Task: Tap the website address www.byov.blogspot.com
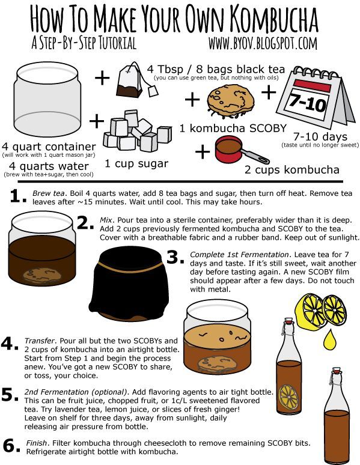click(x=263, y=43)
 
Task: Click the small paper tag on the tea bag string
click(x=153, y=91)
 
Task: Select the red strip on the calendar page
click(x=312, y=86)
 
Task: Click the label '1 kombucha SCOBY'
click(x=233, y=128)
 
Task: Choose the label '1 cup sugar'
click(x=136, y=163)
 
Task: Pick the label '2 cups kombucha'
click(x=291, y=169)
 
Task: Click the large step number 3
click(x=175, y=257)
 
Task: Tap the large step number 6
click(x=11, y=446)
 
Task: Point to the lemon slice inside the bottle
click(x=288, y=397)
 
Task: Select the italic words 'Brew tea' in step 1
click(x=48, y=193)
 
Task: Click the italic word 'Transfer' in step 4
click(x=40, y=341)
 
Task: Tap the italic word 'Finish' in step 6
click(x=37, y=443)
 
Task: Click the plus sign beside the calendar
click(x=269, y=93)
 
